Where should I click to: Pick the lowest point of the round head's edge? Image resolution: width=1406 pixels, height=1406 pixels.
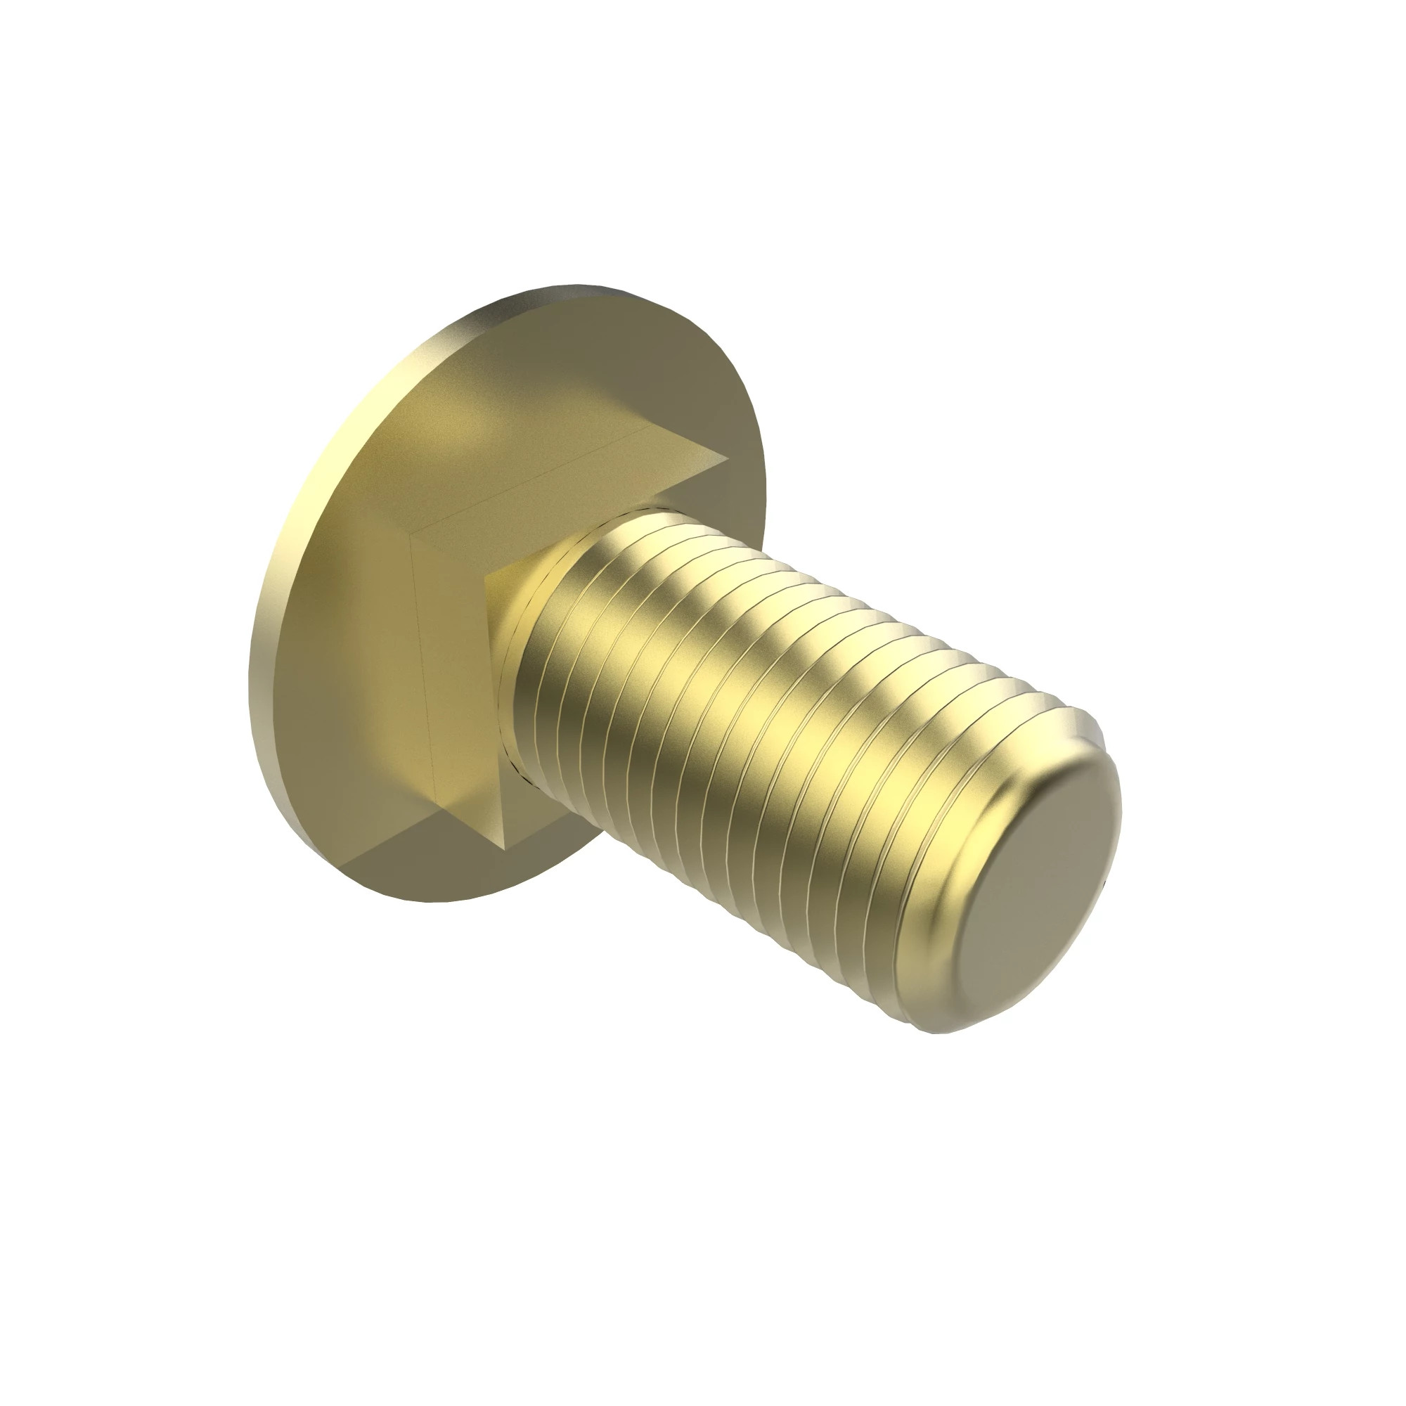437,902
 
